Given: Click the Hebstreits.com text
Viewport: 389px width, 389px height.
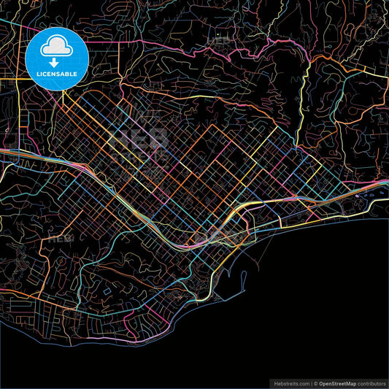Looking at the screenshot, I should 290,382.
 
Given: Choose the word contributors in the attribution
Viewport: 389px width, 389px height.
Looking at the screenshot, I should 370,382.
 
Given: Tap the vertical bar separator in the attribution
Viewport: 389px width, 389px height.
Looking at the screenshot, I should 312,382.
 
